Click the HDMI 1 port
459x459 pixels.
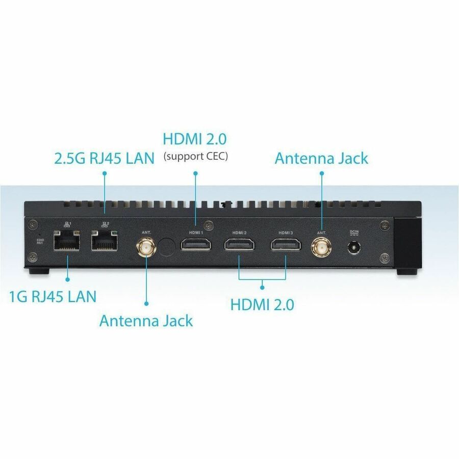(x=195, y=245)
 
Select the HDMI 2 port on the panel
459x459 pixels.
(x=239, y=245)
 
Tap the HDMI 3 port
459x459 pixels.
(x=285, y=245)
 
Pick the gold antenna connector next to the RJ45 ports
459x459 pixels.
(x=146, y=248)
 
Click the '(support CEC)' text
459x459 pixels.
(x=195, y=156)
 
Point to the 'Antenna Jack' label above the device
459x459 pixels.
(x=321, y=158)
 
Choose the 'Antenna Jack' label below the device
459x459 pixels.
(x=146, y=321)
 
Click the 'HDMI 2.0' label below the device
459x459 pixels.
(x=262, y=305)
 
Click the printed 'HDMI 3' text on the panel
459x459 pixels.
(x=285, y=233)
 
